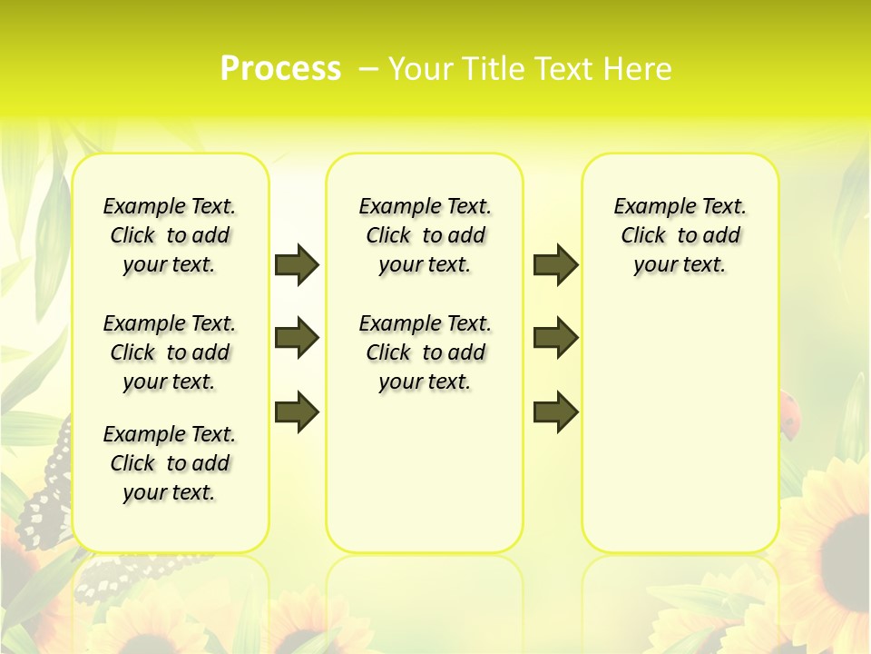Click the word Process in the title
tap(280, 69)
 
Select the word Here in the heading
tap(638, 69)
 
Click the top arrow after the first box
tap(297, 264)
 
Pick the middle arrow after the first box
tap(297, 339)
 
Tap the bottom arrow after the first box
tap(297, 412)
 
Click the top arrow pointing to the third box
tap(555, 264)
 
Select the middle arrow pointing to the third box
tap(555, 339)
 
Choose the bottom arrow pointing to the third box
tap(555, 412)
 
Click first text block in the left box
tap(170, 235)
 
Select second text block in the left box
tap(170, 352)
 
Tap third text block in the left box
tap(170, 463)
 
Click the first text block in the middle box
tap(425, 235)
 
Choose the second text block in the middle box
tap(425, 352)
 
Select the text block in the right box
tap(680, 235)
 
